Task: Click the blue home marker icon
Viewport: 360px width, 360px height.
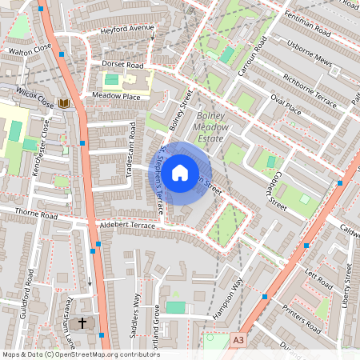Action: coord(180,172)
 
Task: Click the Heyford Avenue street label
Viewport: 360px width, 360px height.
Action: coord(126,30)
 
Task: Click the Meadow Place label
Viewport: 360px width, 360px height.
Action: coord(116,96)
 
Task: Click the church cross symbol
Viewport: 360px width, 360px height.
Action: coord(82,324)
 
